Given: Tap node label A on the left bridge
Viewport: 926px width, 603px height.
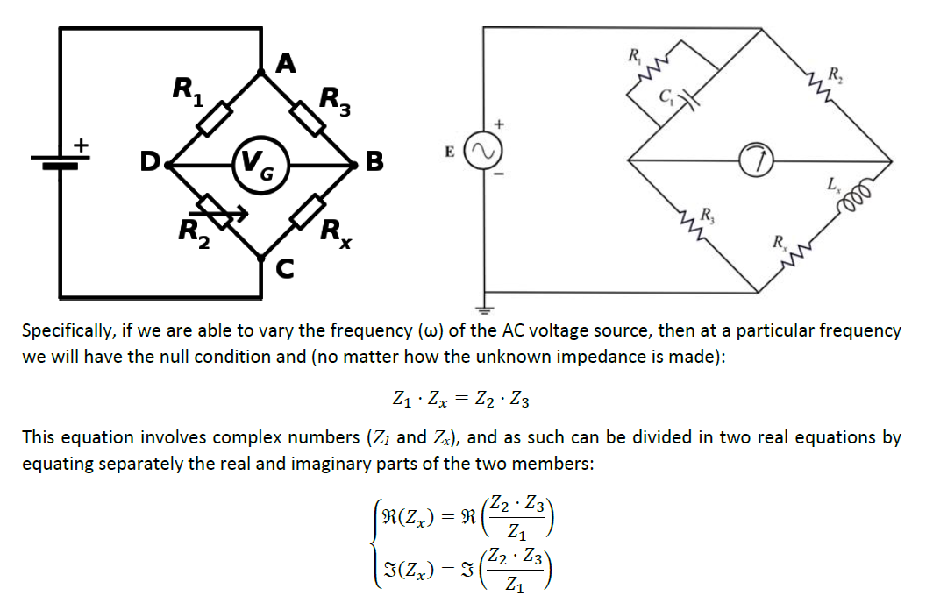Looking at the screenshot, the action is coord(286,63).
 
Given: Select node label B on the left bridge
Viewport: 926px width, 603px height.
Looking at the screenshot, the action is coord(374,161).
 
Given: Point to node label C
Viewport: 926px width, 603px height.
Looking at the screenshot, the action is coord(285,268).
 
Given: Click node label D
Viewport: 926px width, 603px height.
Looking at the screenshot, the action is coord(150,161).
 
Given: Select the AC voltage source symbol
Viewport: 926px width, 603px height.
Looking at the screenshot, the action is coord(483,151).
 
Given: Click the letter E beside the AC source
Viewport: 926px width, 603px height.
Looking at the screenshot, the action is coord(450,153).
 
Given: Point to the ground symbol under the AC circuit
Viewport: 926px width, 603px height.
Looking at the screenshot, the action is coord(484,309).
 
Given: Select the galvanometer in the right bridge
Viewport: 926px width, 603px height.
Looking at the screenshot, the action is coord(756,160).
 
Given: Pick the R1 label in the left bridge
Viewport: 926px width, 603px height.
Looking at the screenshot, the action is coord(188,91).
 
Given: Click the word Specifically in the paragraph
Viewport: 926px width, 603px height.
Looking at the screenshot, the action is coord(68,330).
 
